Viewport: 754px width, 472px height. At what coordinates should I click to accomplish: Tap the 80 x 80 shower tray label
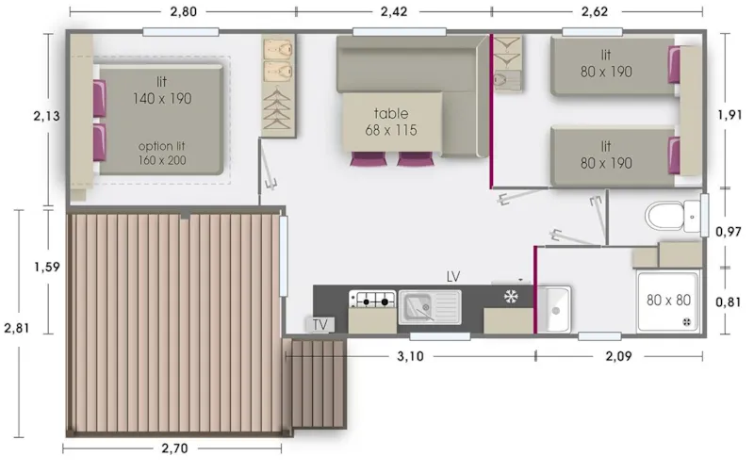tap(667, 301)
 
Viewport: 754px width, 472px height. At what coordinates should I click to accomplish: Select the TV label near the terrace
tap(320, 325)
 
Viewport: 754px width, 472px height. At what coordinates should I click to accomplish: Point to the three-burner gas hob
tap(371, 301)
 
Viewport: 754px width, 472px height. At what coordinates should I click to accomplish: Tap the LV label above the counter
tap(453, 276)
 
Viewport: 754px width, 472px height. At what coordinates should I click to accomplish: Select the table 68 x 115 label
tap(391, 122)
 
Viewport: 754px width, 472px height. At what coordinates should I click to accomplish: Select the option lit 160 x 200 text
tap(162, 154)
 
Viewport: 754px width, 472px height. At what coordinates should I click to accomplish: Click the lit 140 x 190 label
tap(162, 89)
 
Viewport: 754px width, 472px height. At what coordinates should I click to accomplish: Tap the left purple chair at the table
tap(365, 159)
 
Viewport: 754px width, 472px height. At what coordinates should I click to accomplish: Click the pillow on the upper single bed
tap(674, 65)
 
